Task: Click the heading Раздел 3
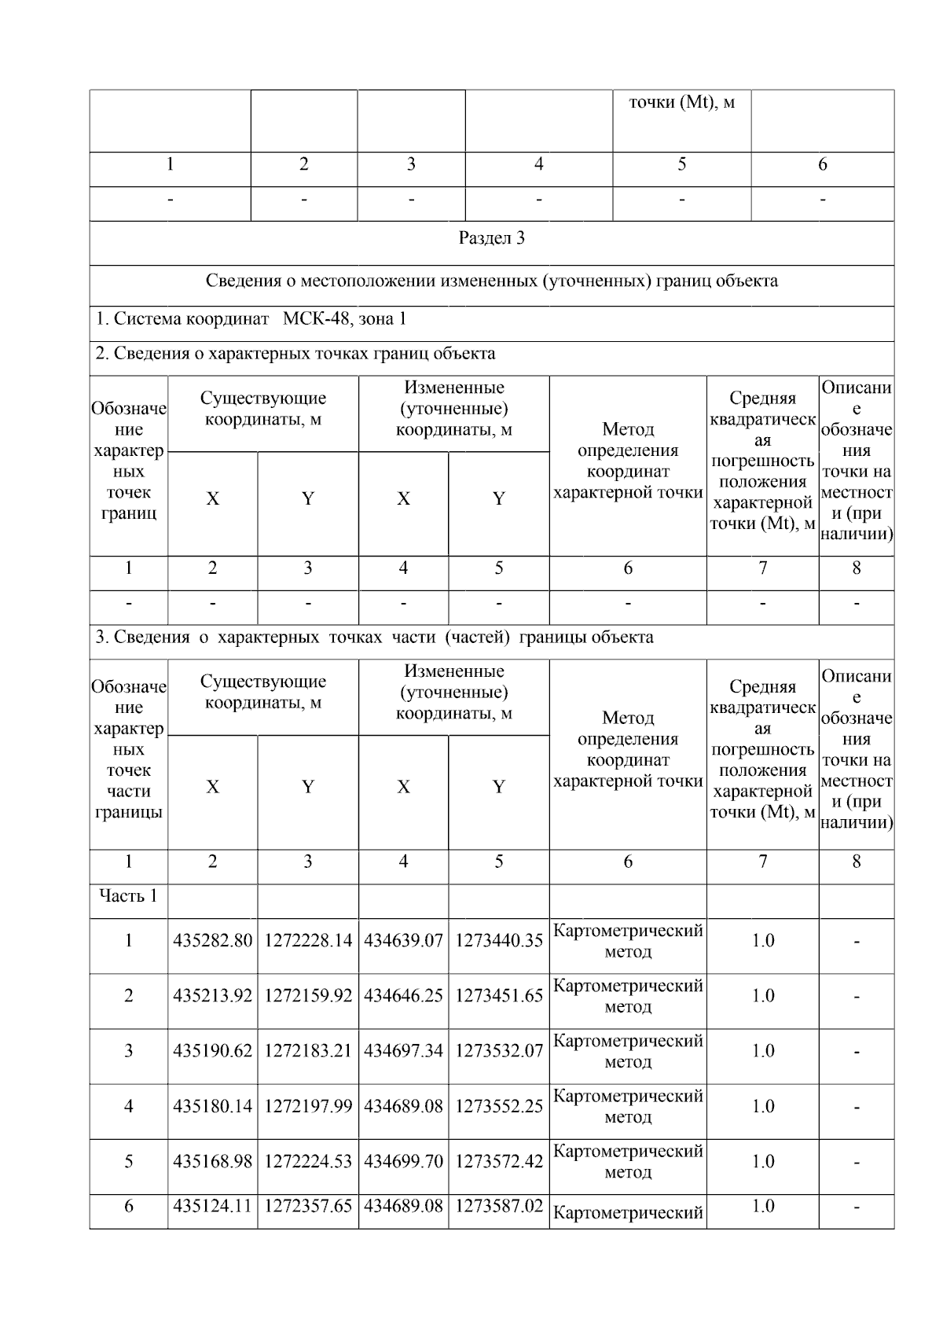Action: pyautogui.click(x=491, y=238)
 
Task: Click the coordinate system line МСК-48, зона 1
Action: pyautogui.click(x=251, y=319)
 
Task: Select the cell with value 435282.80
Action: pyautogui.click(x=212, y=941)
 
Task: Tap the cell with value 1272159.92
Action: pyautogui.click(x=308, y=996)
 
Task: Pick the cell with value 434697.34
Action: pyautogui.click(x=403, y=1051)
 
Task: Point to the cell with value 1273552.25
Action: pyautogui.click(x=499, y=1106)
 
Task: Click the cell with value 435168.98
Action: pyautogui.click(x=212, y=1161)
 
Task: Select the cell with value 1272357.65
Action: pyautogui.click(x=308, y=1206)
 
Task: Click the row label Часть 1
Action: pyautogui.click(x=128, y=895)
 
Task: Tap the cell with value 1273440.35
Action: pyautogui.click(x=499, y=941)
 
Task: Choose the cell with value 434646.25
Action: pyautogui.click(x=403, y=996)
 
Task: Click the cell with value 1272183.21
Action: pyautogui.click(x=308, y=1051)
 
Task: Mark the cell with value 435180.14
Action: pyautogui.click(x=212, y=1106)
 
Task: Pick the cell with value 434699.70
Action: pyautogui.click(x=403, y=1161)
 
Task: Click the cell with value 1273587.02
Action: pyautogui.click(x=499, y=1206)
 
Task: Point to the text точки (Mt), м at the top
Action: pyautogui.click(x=681, y=102)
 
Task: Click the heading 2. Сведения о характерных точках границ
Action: pyautogui.click(x=295, y=354)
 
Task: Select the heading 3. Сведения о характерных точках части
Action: pyautogui.click(x=374, y=637)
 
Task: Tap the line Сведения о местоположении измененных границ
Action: pyautogui.click(x=491, y=281)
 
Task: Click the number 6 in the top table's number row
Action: pyautogui.click(x=822, y=164)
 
